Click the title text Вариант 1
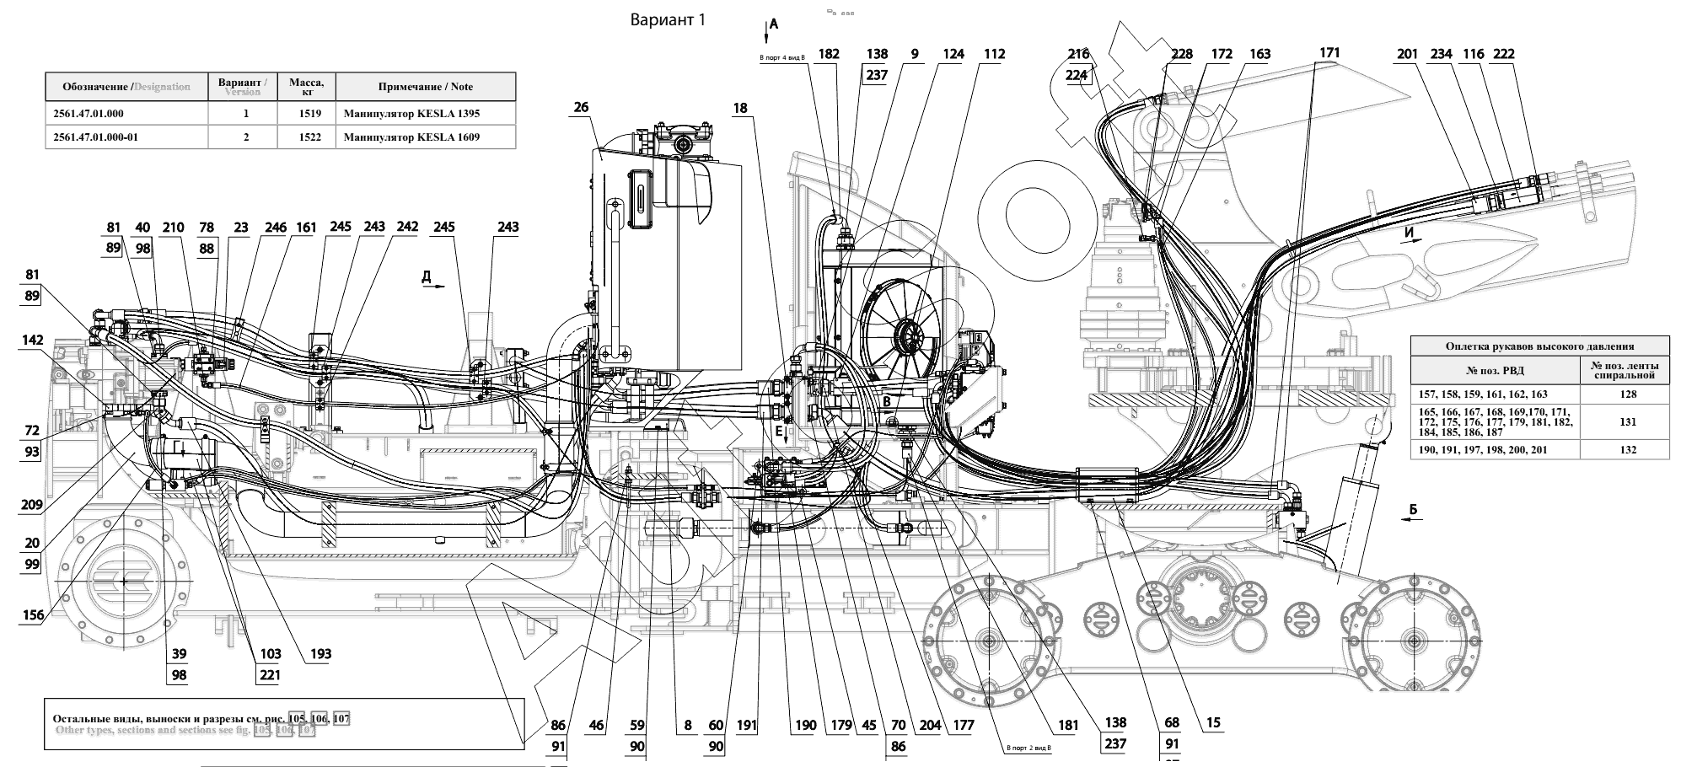point(667,20)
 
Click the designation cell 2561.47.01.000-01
point(94,137)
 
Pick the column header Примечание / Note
point(425,87)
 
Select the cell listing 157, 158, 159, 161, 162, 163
point(1494,394)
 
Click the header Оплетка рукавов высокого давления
point(1539,346)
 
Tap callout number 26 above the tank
point(581,107)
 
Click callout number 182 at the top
point(829,54)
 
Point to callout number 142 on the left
point(32,341)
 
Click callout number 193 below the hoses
point(320,653)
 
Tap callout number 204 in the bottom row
point(930,724)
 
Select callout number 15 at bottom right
point(1212,723)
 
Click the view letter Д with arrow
point(427,276)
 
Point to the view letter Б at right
point(1414,510)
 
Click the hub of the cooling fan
point(909,339)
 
